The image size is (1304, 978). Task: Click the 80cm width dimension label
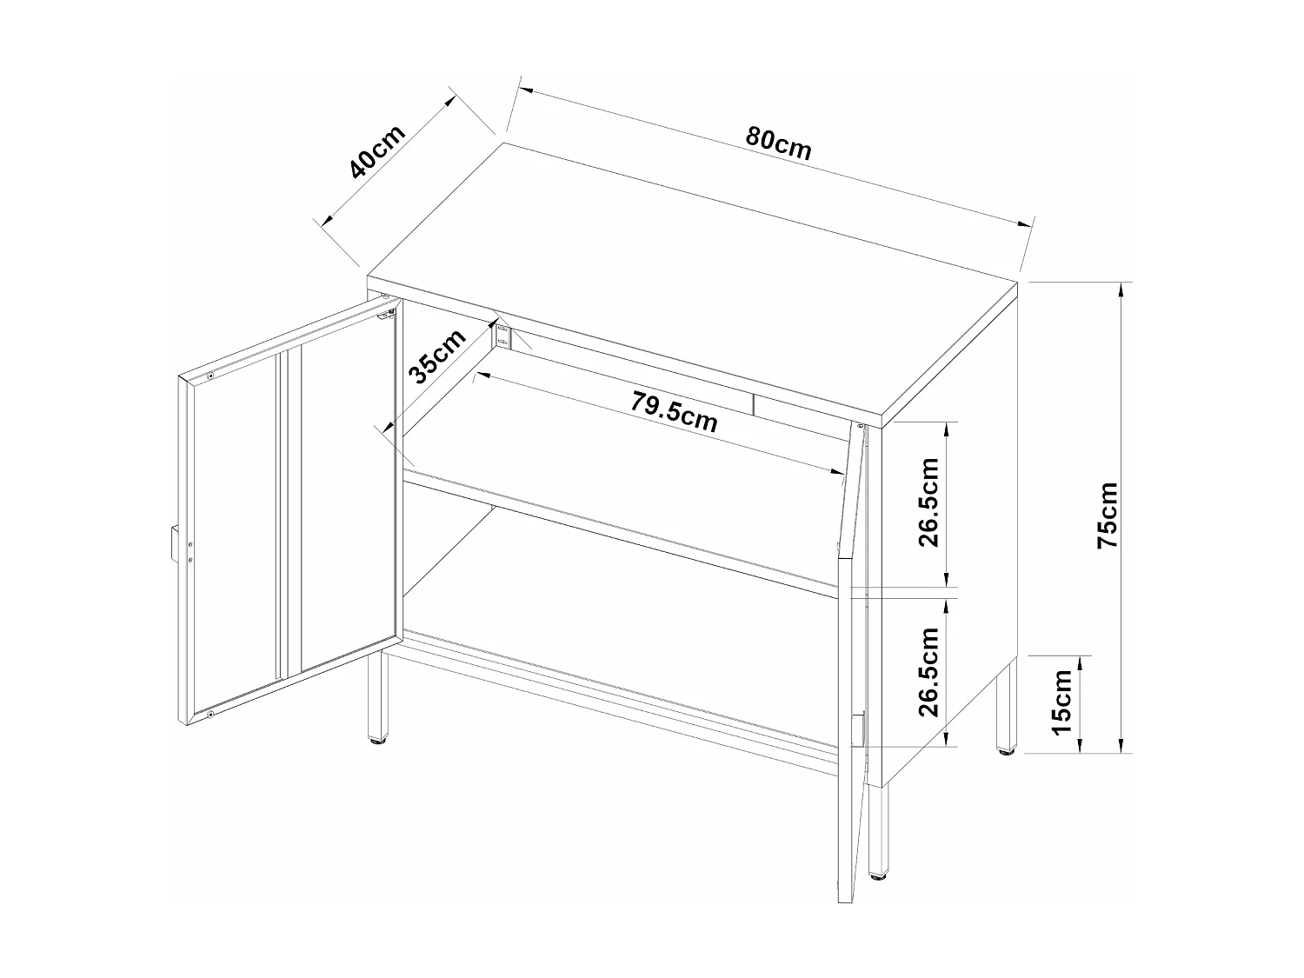pyautogui.click(x=778, y=144)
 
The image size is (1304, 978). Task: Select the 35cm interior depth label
pyautogui.click(x=437, y=357)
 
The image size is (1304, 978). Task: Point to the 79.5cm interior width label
pyautogui.click(x=675, y=411)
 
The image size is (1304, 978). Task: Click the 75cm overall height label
pyautogui.click(x=1108, y=515)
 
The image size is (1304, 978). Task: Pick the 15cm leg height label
pyautogui.click(x=1061, y=702)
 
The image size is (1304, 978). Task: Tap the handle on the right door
pyautogui.click(x=858, y=729)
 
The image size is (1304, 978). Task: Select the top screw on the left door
pyautogui.click(x=210, y=376)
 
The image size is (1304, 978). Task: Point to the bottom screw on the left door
pyautogui.click(x=210, y=715)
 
